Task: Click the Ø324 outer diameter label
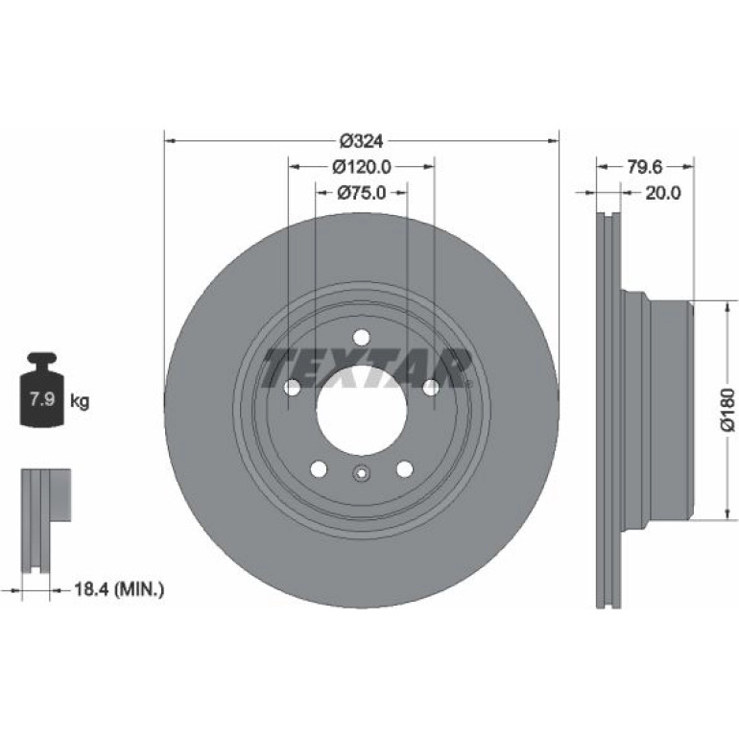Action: pos(361,140)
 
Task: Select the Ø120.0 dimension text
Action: pos(362,166)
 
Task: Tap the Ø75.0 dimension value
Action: pos(361,192)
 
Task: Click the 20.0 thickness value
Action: pos(662,192)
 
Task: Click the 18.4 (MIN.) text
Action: pos(119,588)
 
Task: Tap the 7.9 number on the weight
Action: pos(43,400)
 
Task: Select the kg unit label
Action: pos(79,401)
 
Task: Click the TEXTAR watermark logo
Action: pos(367,368)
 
